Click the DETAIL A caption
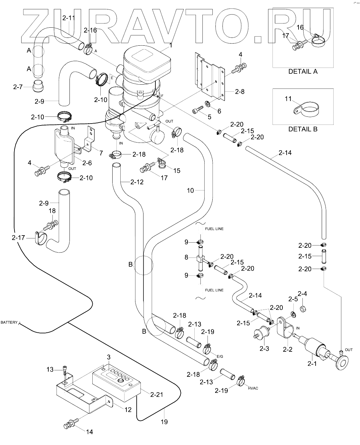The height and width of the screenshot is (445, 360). [x=303, y=71]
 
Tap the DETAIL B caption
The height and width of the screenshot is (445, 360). [x=303, y=129]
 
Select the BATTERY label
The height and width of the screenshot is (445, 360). [x=9, y=322]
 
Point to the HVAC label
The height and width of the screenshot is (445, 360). [x=253, y=388]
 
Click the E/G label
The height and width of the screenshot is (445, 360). [x=220, y=356]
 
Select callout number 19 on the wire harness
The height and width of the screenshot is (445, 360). [x=164, y=422]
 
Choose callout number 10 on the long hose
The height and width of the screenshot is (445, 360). [x=190, y=190]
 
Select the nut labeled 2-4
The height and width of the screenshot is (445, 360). [x=303, y=309]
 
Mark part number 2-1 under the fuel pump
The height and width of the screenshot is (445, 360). [x=312, y=364]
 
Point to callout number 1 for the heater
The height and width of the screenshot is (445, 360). [x=171, y=45]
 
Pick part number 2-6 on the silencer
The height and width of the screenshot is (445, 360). [x=87, y=163]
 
